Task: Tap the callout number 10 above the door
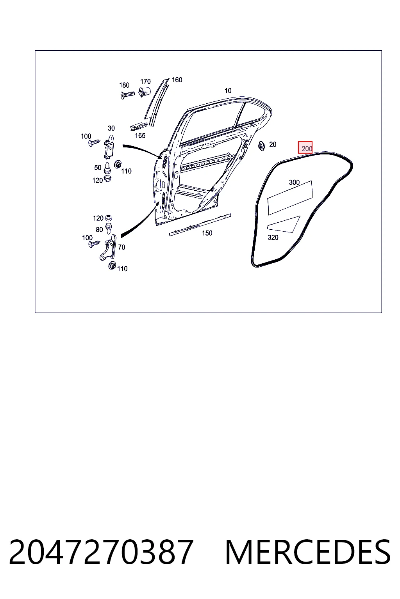coord(228,90)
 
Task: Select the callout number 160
coord(177,80)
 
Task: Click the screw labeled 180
coord(127,95)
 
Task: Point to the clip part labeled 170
coord(144,92)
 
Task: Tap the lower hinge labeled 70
coord(108,247)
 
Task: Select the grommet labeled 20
coord(261,146)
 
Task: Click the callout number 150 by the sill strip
coord(207,233)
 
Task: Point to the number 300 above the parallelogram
coord(294,183)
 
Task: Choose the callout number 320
coord(273,237)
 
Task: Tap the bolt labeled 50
coord(107,168)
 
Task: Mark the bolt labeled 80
coord(109,228)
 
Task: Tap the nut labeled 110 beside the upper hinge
coord(117,164)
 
